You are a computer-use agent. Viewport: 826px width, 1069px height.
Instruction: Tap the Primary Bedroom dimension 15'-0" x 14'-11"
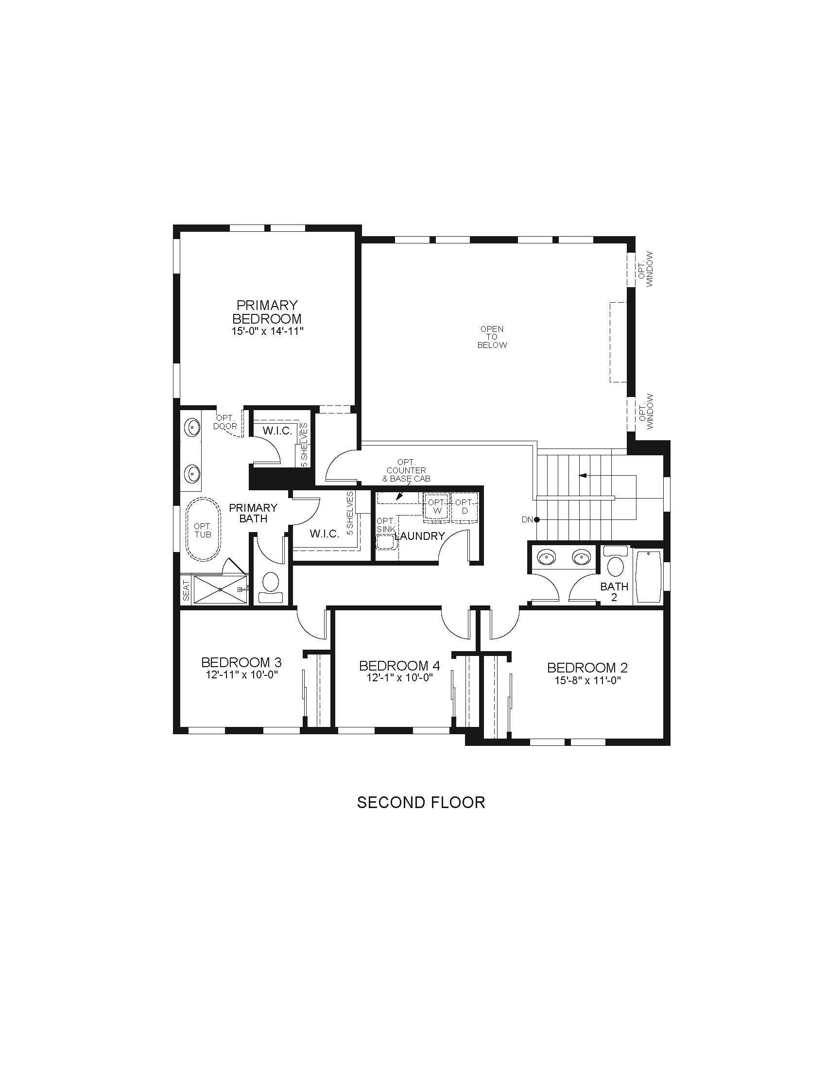click(x=268, y=331)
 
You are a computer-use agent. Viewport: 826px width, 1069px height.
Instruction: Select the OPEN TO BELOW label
click(x=492, y=337)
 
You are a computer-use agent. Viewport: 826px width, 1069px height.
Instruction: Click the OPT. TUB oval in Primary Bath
click(x=203, y=530)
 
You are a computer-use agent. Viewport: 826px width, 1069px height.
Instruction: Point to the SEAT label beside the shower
click(x=186, y=590)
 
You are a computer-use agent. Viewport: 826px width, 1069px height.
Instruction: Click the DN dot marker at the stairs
click(x=537, y=519)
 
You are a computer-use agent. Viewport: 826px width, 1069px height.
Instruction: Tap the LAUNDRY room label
click(x=420, y=536)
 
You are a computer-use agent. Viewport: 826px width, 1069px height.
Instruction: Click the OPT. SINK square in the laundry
click(x=386, y=542)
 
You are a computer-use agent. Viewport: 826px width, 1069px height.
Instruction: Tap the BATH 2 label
click(x=614, y=591)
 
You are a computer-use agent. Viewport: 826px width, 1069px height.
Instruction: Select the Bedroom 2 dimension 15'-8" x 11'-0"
click(x=587, y=680)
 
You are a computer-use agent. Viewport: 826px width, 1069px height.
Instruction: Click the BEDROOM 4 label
click(x=399, y=666)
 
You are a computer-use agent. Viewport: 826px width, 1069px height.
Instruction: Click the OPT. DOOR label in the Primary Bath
click(x=225, y=422)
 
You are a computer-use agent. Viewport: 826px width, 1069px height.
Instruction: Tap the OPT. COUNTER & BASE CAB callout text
click(x=406, y=470)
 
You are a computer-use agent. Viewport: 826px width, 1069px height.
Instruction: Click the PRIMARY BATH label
click(x=253, y=513)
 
